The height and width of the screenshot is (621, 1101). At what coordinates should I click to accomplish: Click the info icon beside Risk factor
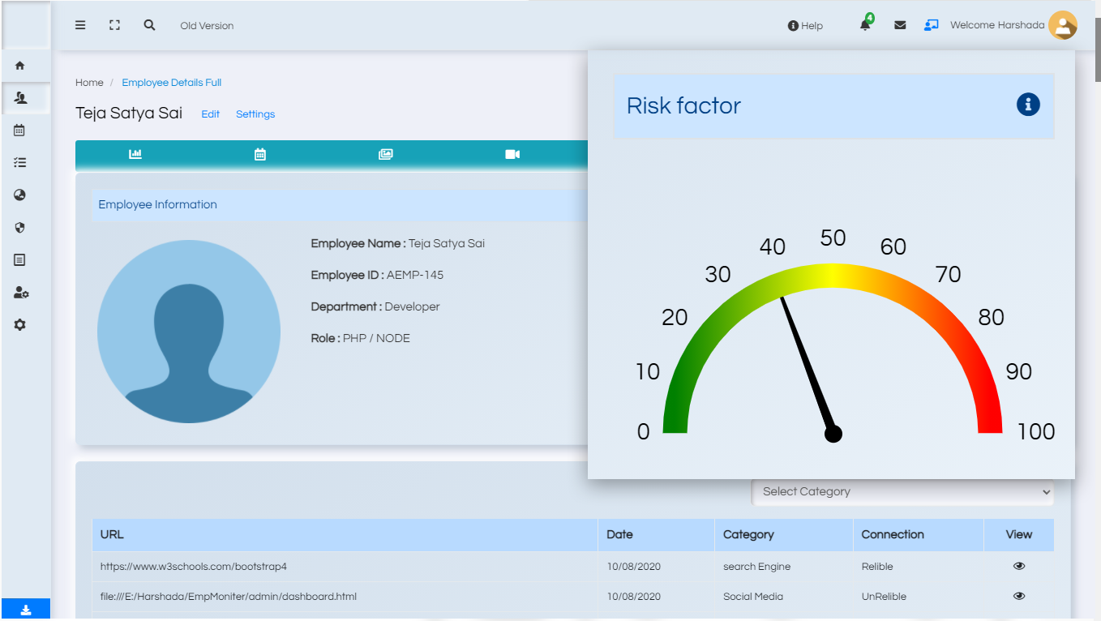click(1028, 105)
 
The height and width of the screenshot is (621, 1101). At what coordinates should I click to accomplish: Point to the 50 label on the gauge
click(833, 238)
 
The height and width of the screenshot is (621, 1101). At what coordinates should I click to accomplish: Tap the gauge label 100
click(1036, 431)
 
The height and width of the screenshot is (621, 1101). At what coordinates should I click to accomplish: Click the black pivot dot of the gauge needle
click(833, 434)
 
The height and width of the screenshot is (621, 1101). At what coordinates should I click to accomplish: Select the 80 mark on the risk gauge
click(991, 317)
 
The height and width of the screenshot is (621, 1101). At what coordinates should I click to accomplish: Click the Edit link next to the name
click(211, 114)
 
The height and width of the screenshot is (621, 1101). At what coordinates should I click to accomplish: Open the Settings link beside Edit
click(255, 114)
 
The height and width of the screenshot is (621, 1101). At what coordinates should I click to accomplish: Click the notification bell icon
click(865, 25)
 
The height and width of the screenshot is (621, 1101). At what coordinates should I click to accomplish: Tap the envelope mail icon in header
click(900, 25)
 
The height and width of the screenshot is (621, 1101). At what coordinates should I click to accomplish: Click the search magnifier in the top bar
click(149, 25)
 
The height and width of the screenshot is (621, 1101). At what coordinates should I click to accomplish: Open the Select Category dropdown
click(903, 491)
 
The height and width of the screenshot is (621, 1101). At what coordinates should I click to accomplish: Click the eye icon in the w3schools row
click(1019, 566)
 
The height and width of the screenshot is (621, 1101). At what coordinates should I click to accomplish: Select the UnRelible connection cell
click(884, 597)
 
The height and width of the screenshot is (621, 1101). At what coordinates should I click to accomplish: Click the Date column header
click(619, 534)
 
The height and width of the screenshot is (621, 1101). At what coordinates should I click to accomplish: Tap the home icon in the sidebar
click(20, 66)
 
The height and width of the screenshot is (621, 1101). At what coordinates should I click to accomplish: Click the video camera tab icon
click(512, 154)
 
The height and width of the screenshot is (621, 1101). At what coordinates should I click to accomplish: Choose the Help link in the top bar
click(805, 26)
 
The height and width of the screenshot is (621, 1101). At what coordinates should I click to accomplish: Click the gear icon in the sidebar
click(20, 324)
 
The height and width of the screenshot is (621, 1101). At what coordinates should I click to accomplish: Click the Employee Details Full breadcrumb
click(172, 83)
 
